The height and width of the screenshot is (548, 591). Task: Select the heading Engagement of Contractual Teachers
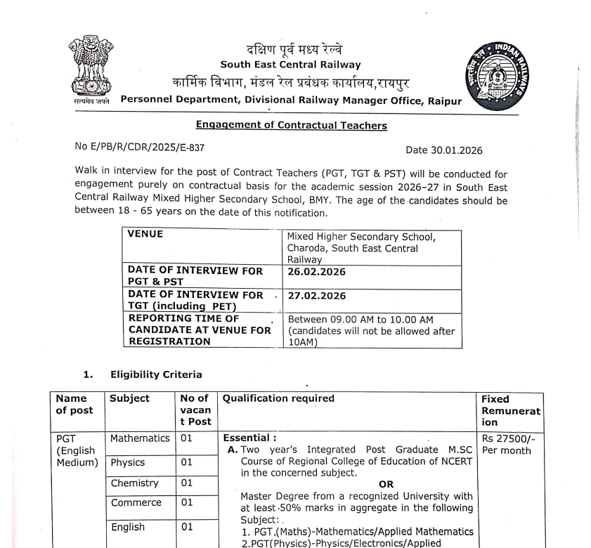[x=291, y=126]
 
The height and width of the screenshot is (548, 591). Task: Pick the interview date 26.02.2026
[x=316, y=272]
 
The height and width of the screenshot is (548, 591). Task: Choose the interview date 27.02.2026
[x=316, y=296]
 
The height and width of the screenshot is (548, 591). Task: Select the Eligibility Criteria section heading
[x=156, y=374]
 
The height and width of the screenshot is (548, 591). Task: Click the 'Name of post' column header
[x=74, y=405]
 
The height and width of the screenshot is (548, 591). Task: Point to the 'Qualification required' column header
[x=278, y=398]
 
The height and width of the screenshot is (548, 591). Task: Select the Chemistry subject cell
[x=134, y=483]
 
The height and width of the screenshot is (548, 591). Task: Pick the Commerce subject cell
[x=135, y=503]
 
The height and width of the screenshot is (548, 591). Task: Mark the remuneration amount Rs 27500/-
[x=507, y=439]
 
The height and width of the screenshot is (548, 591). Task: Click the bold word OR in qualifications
[x=387, y=484]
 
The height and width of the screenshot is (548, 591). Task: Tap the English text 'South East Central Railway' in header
[x=290, y=65]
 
